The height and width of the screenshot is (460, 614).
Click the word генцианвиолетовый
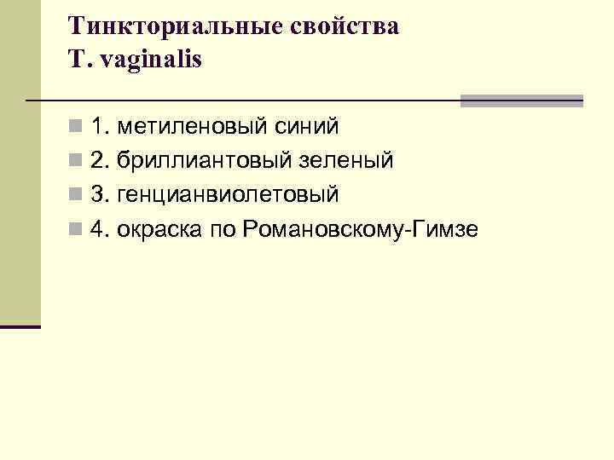coord(228,195)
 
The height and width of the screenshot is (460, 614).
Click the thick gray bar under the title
coord(521,101)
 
